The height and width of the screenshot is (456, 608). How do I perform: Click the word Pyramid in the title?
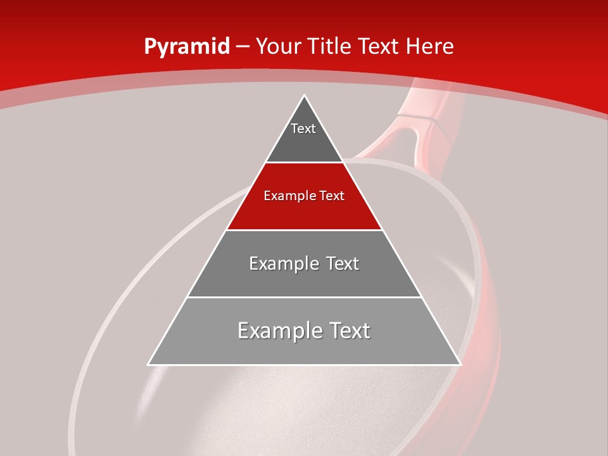coord(186,47)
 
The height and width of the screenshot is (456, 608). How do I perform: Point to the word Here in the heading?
coord(430,47)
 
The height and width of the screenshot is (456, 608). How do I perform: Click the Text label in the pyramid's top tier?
coord(303,129)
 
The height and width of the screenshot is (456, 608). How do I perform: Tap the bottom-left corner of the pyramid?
coord(148,364)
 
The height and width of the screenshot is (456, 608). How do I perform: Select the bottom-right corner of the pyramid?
coord(460,364)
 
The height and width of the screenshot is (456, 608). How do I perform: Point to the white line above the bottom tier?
coord(304,297)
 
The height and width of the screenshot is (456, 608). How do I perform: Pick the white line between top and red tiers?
coord(304,162)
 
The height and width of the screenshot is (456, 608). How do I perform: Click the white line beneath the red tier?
coord(304,230)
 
